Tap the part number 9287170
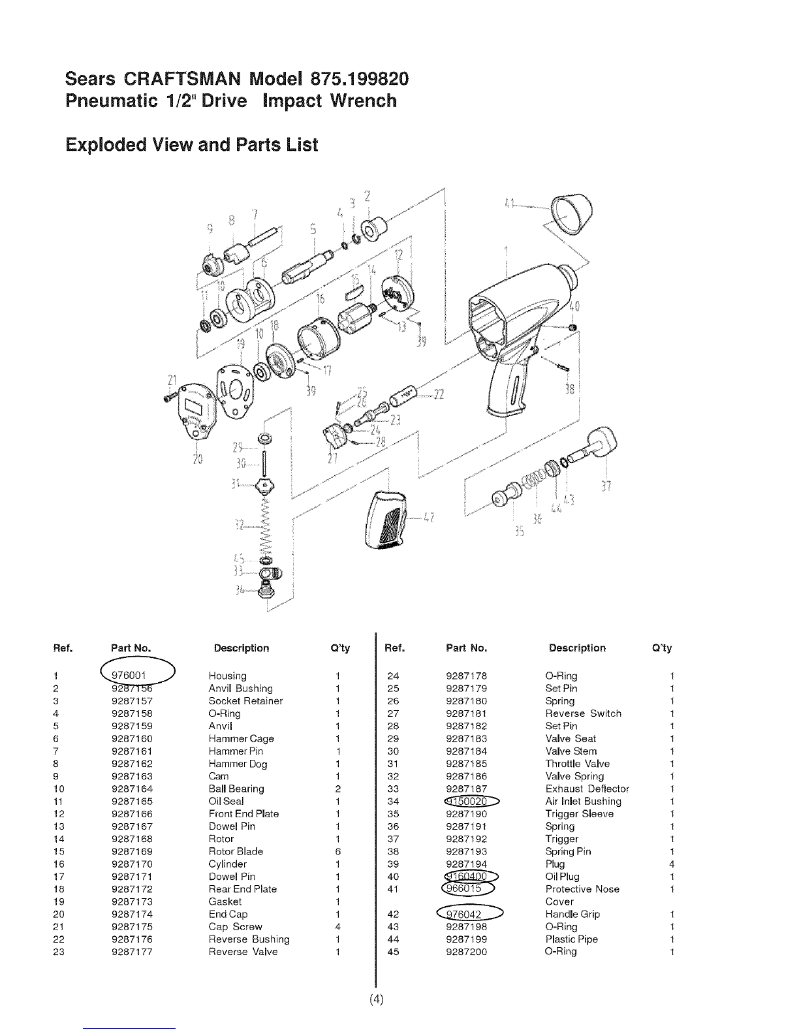[x=133, y=864]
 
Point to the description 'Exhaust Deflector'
[x=587, y=789]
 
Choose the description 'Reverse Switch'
[x=583, y=713]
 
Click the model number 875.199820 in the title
[x=351, y=78]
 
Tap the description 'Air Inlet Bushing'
[x=583, y=801]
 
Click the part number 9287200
[x=466, y=952]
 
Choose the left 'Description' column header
[x=242, y=648]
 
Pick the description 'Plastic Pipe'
[x=571, y=939]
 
